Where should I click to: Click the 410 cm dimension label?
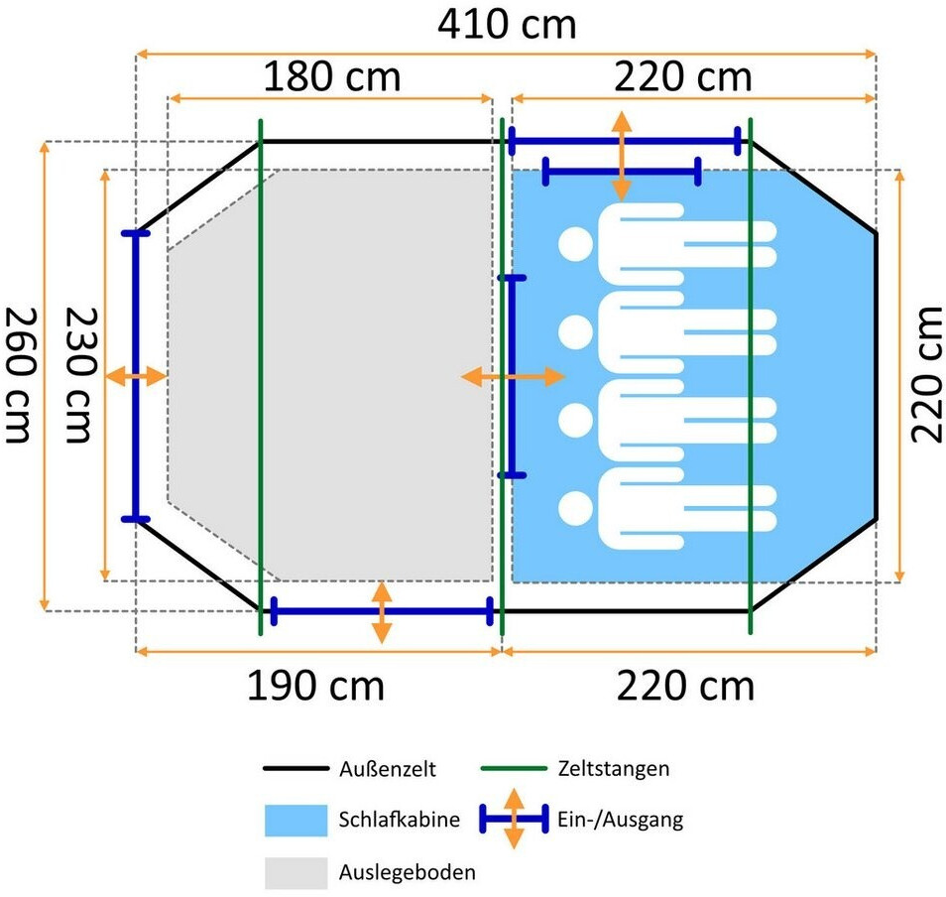point(507,24)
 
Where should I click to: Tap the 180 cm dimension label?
point(331,76)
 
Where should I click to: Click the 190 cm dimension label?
point(315,685)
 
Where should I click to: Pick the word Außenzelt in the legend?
point(387,768)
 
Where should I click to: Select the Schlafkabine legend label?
point(399,821)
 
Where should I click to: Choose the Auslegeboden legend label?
point(407,873)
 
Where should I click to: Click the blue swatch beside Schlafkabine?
point(296,821)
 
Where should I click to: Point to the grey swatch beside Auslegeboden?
point(296,873)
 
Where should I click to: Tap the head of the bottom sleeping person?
point(574,509)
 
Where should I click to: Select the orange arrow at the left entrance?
point(136,377)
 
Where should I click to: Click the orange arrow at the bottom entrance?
point(381,612)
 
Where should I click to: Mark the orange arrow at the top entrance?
point(622,156)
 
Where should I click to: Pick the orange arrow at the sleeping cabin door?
point(513,377)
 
